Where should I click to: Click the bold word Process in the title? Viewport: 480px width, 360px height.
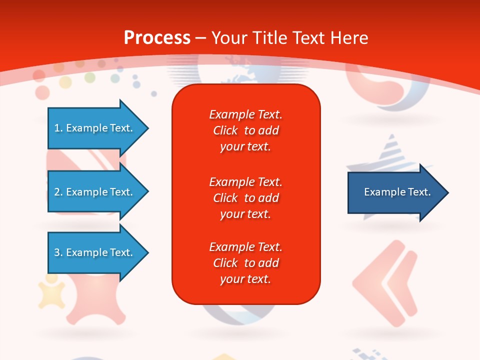[157, 38]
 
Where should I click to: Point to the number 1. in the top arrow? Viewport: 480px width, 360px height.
[58, 128]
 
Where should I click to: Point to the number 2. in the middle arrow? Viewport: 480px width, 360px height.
[58, 192]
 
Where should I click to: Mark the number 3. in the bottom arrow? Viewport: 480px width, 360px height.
[58, 252]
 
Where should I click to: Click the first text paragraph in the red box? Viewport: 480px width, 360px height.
[245, 130]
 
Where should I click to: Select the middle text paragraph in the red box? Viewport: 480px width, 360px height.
[245, 198]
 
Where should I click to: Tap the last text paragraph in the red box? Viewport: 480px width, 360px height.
[245, 263]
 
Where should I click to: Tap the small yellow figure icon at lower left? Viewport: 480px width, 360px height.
[51, 292]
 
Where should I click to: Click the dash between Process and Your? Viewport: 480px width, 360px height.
[200, 38]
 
